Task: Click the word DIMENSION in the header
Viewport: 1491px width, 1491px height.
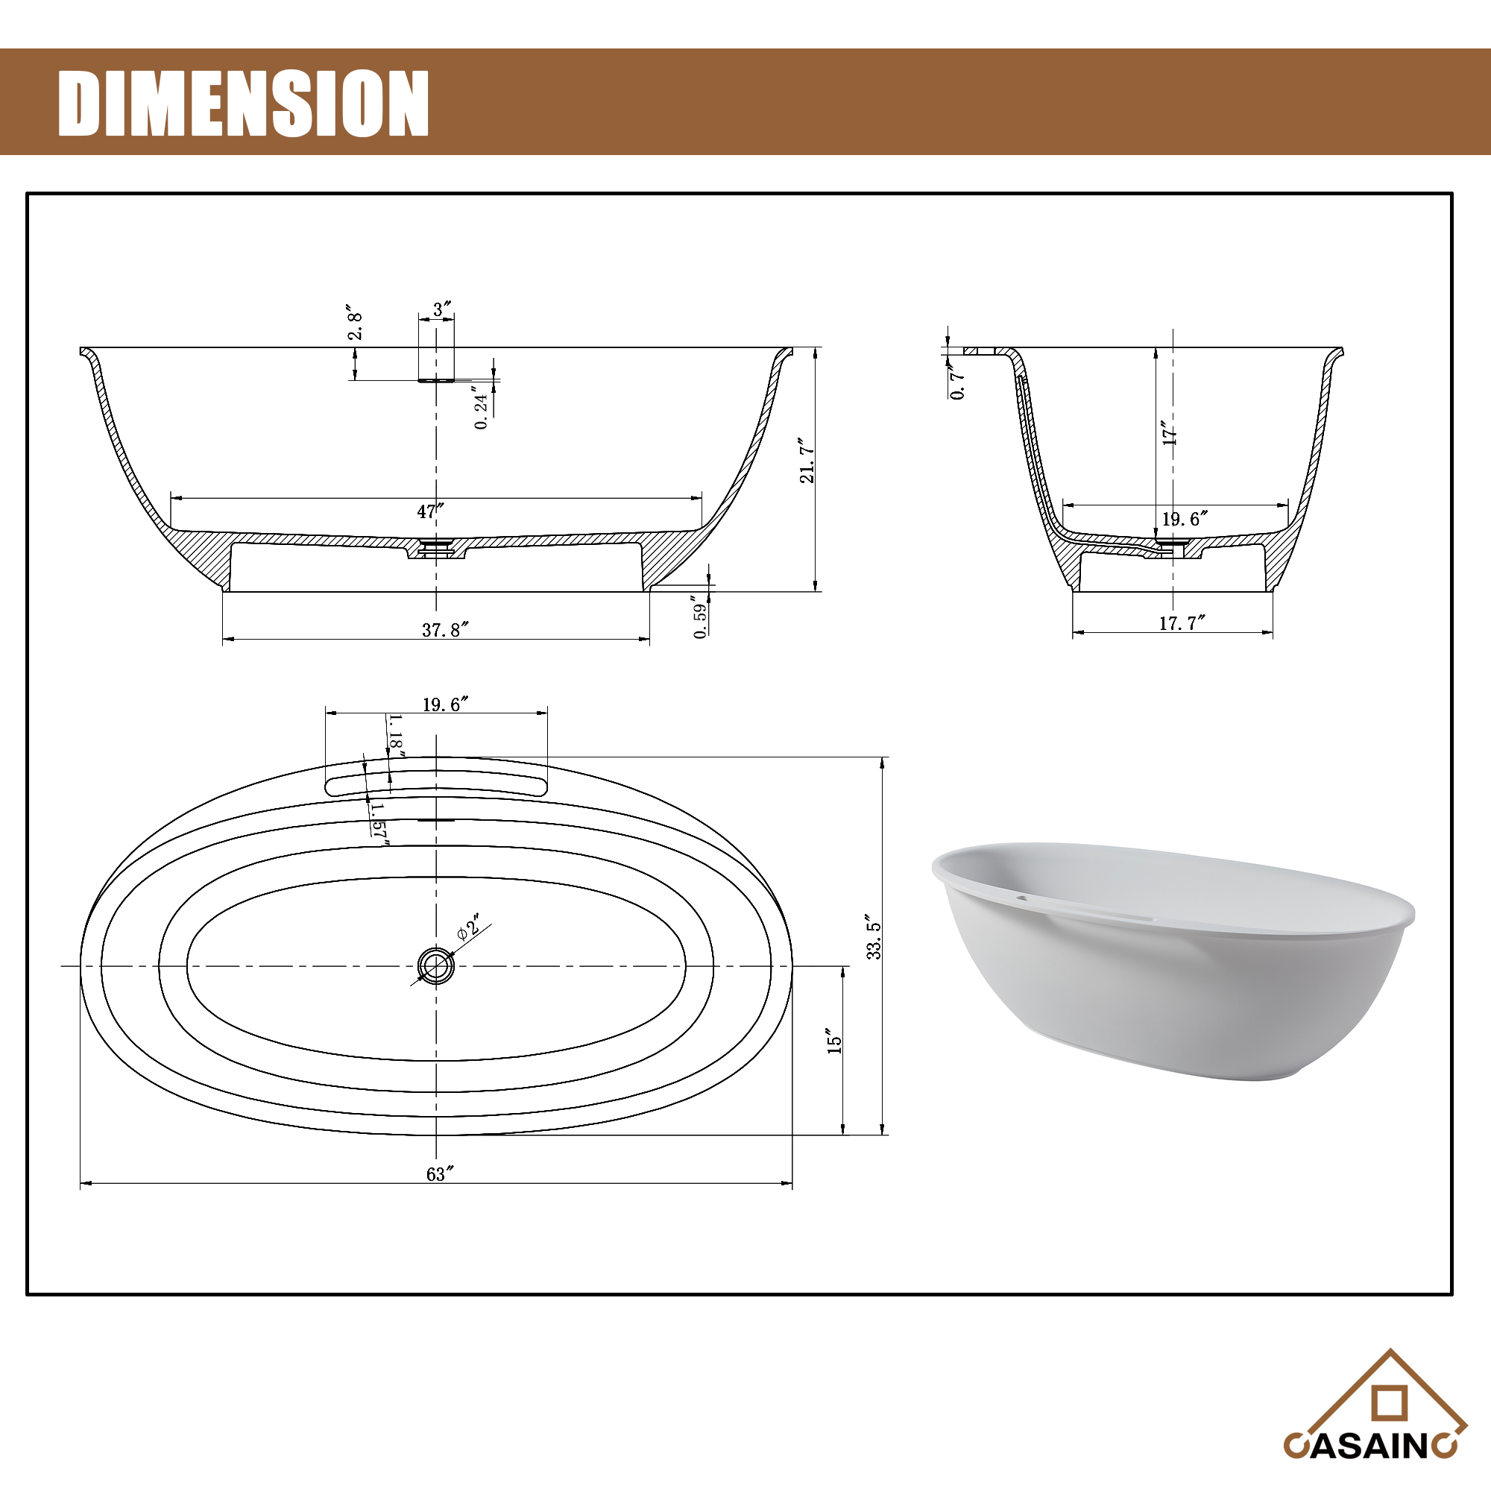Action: coord(243,104)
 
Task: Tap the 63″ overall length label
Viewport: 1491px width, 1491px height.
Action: coord(440,1174)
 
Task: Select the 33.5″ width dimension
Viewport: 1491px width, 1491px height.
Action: coord(874,936)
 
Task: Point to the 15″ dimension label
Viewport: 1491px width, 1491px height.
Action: coord(834,1040)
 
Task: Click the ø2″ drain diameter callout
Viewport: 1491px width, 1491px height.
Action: coord(468,927)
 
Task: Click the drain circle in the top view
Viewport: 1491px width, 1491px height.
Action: coord(436,965)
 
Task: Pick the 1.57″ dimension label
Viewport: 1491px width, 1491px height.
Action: coord(379,824)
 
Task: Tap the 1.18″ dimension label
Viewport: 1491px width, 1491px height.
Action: coord(396,736)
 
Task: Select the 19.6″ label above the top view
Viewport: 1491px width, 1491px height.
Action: coord(445,704)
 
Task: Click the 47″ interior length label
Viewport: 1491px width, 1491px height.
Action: coord(431,511)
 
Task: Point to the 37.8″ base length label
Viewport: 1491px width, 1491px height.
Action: coord(445,630)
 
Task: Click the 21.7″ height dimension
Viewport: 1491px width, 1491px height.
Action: coord(807,460)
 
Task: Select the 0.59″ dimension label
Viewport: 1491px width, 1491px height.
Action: coord(700,617)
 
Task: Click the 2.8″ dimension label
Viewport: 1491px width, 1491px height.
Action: coord(355,323)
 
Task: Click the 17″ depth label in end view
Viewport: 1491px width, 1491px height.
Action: coord(1170,432)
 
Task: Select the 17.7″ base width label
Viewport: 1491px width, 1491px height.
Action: coord(1182,622)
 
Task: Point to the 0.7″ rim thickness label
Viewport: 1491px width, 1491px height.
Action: coord(958,381)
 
